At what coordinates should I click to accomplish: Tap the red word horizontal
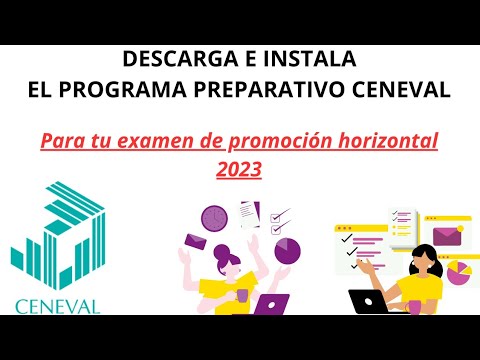(381, 141)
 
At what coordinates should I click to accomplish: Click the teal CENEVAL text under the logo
(57, 305)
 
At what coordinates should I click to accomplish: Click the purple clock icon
(213, 217)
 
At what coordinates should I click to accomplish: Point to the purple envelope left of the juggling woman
(193, 242)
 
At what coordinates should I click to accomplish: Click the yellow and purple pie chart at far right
(461, 271)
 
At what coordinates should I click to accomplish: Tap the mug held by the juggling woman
(240, 295)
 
